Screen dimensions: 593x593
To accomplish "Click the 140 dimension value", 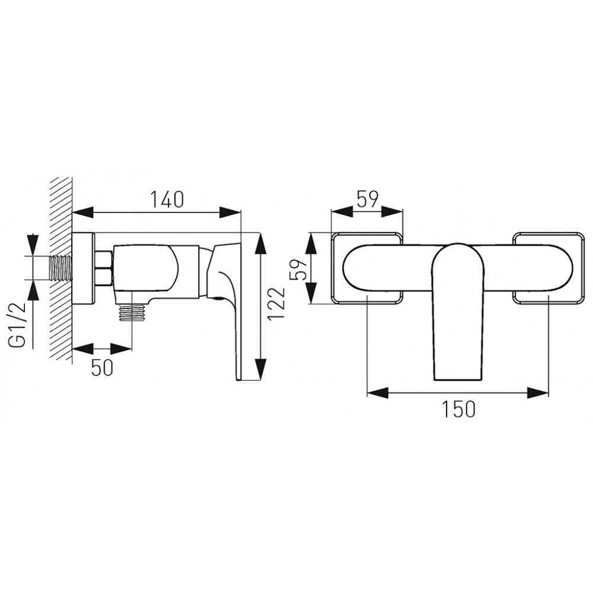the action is coord(167,199).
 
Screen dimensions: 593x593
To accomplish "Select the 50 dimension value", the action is coord(102,368).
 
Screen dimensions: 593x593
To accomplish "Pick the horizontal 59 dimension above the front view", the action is coord(367,199).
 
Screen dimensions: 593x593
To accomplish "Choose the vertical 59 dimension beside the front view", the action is coord(298,268).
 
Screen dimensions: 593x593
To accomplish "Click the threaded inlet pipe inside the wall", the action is coord(60,268).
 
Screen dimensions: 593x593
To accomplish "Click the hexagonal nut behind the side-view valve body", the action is coord(103,268).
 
